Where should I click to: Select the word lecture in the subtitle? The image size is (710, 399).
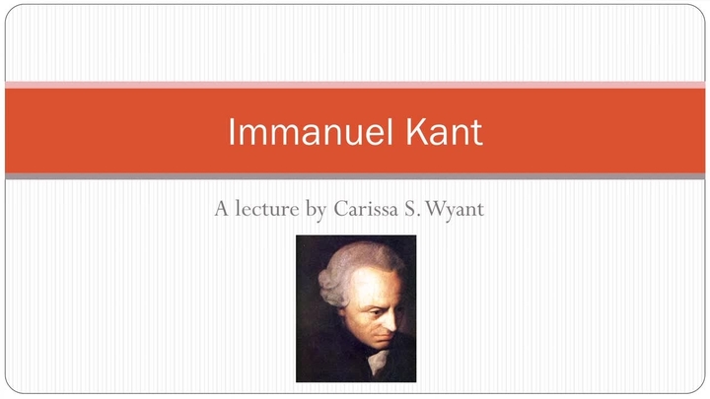[269, 210]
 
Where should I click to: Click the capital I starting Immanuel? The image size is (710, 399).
[232, 132]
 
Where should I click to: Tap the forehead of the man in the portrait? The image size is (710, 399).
[373, 277]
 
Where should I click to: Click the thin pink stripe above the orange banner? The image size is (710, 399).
[355, 85]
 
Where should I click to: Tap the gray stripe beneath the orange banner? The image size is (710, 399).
[355, 176]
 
